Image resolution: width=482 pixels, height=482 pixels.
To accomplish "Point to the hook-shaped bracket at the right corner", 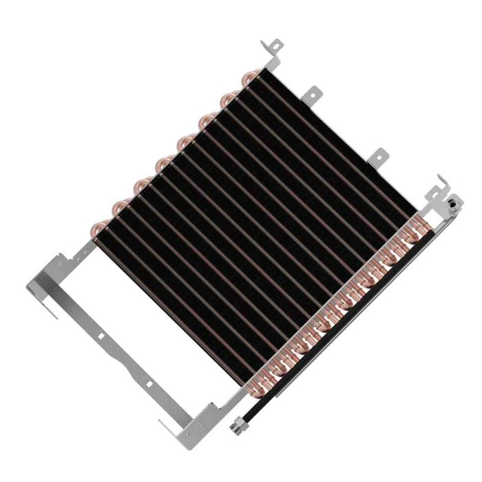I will tap(440, 186).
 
